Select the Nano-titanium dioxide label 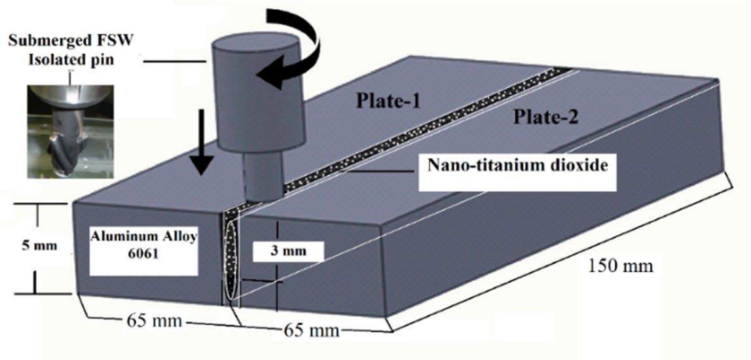(517, 164)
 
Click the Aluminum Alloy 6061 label (140, 247)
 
